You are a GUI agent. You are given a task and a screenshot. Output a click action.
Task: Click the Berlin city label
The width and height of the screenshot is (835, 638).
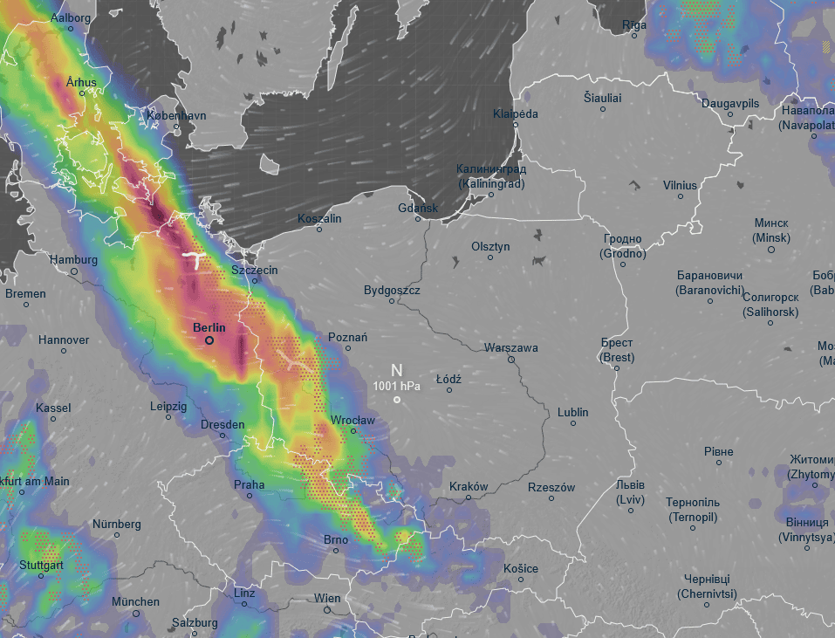[209, 327]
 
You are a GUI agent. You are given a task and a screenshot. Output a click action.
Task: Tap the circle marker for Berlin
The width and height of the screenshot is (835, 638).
[209, 340]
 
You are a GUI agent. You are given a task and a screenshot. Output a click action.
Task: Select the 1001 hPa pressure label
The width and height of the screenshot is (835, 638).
[396, 386]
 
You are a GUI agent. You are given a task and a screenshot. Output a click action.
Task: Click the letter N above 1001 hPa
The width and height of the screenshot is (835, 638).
[396, 370]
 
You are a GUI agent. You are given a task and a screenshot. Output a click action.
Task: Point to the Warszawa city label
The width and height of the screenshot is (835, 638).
[511, 347]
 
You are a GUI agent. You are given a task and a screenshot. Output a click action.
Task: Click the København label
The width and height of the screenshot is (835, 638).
[176, 115]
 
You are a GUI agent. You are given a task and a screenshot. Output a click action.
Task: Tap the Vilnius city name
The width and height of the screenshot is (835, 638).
[680, 185]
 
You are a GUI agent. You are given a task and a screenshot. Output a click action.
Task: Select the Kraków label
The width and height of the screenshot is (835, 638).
[469, 486]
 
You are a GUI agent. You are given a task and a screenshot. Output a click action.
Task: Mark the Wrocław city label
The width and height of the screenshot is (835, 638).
[352, 420]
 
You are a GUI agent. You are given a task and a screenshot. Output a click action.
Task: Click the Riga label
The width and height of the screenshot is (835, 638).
[634, 25]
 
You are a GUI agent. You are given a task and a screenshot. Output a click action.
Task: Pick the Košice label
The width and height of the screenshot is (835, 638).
[521, 568]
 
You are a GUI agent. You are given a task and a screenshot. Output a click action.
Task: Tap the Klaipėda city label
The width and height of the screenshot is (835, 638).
[515, 113]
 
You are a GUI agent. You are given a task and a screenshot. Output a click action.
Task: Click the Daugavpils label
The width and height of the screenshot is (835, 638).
[730, 103]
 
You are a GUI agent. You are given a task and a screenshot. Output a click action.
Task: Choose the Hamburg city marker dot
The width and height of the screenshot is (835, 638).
[74, 271]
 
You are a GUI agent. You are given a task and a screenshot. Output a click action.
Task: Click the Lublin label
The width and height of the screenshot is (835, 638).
[572, 412]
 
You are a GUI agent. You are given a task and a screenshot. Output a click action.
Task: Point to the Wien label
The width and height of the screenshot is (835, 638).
[327, 598]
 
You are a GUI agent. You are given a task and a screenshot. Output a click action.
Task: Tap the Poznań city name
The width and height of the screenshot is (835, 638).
[347, 337]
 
